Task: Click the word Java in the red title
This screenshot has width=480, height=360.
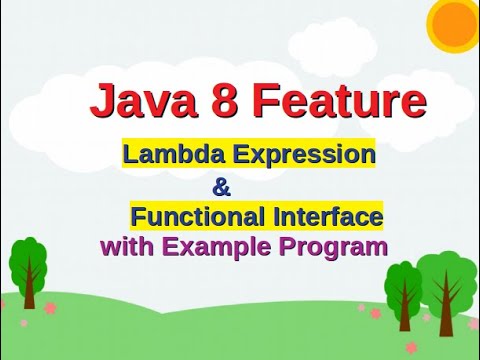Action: coord(143,99)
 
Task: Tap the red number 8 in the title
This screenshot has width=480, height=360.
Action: coord(224,99)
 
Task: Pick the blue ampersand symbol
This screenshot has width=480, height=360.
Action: coord(221,188)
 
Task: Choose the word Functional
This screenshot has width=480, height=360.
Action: coord(199,216)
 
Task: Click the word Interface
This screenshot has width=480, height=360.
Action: coord(328,216)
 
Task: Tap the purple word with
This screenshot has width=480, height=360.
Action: coord(127,246)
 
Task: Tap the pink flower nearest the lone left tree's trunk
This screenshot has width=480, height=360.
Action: coord(51,308)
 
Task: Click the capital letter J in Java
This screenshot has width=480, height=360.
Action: coord(101,100)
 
